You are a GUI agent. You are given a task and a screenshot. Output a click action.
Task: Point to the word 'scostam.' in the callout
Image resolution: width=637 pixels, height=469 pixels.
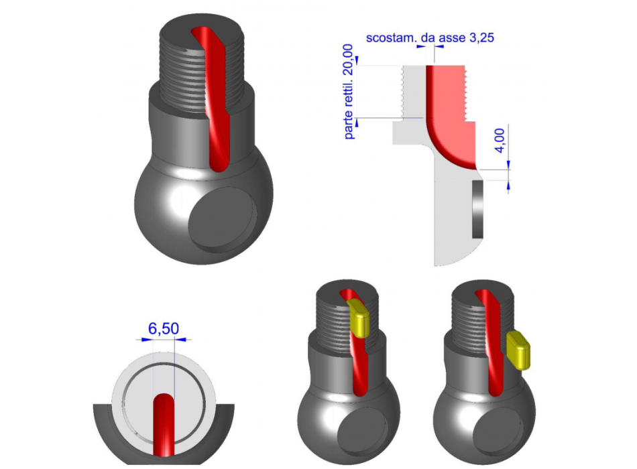click(389, 38)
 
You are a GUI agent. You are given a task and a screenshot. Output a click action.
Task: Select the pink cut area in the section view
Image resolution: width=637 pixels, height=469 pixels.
click(449, 107)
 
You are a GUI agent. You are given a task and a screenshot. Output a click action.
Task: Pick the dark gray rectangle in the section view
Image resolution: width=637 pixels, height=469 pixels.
click(477, 208)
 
